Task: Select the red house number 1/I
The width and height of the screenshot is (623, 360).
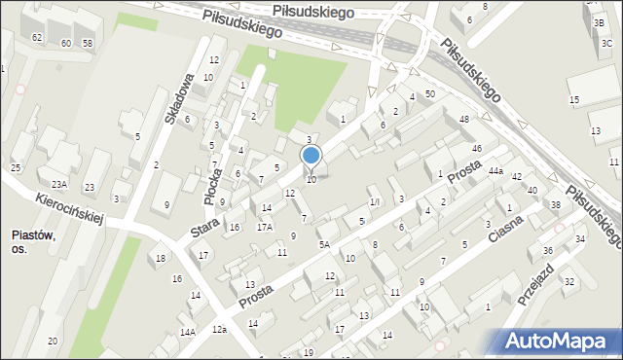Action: [x=374, y=202]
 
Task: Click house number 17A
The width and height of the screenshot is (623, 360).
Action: [x=264, y=227]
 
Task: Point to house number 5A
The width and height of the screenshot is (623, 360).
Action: [x=324, y=245]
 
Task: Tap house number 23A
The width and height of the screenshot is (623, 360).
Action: [x=59, y=184]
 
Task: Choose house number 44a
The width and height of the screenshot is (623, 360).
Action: [x=495, y=170]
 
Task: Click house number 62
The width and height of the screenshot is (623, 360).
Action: [x=37, y=37]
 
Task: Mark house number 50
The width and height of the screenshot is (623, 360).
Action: [x=429, y=92]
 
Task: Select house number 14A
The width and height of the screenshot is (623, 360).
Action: [x=187, y=332]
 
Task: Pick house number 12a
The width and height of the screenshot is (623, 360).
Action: [x=221, y=330]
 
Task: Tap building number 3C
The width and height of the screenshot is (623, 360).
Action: [x=606, y=43]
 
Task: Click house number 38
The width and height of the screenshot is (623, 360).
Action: [x=555, y=204]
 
